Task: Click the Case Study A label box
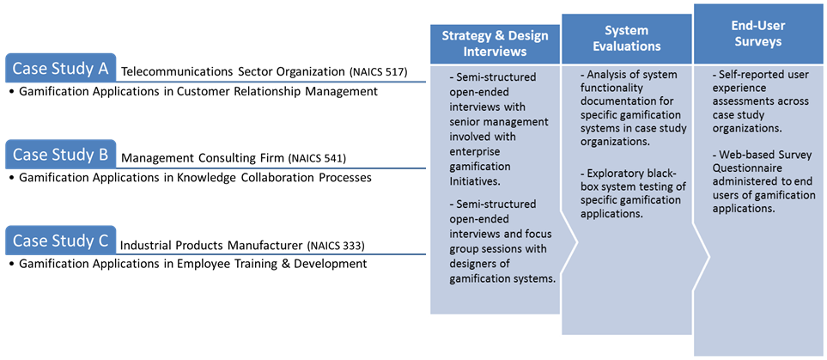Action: tap(60, 68)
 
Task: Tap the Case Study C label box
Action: tap(60, 241)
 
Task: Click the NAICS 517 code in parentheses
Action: tap(378, 73)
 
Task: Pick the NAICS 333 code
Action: tap(336, 246)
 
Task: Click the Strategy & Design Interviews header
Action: tap(495, 43)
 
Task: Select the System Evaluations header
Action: tap(627, 38)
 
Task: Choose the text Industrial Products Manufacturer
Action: tap(211, 246)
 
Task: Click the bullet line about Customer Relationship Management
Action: tap(192, 92)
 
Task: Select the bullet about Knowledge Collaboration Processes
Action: tap(190, 178)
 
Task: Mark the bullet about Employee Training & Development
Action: tap(187, 264)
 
